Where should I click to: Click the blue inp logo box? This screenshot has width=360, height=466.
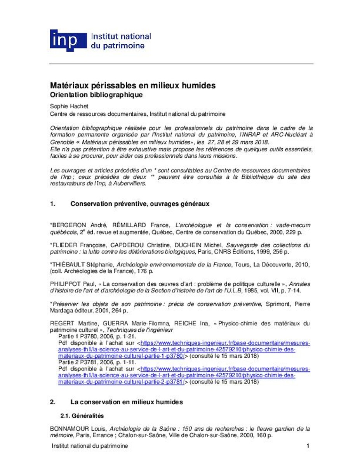pos(68,40)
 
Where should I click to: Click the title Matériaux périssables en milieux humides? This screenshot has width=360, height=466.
pos(132,85)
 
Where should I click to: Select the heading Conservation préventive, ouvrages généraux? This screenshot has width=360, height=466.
pos(140,204)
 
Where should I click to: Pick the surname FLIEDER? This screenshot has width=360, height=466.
pos(64,245)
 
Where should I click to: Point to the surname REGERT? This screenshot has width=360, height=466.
pos(62,323)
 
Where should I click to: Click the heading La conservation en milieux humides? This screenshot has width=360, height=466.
pos(126,402)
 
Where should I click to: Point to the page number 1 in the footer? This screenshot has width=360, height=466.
pos(308,446)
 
